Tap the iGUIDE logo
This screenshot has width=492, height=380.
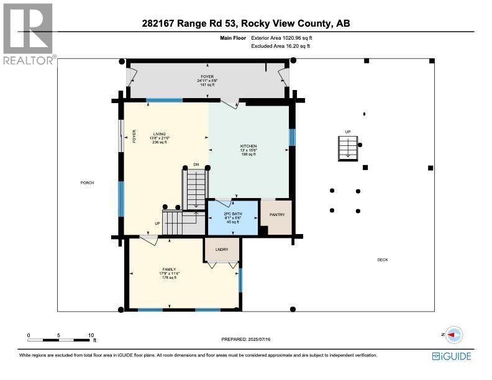[x=451, y=356]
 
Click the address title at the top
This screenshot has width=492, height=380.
[x=246, y=24]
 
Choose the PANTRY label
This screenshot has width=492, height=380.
[x=276, y=215]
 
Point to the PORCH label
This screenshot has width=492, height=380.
[x=87, y=183]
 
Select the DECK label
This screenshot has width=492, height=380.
[x=382, y=260]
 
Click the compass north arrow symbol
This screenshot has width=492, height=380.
[x=453, y=334]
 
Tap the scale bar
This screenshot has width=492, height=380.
[x=61, y=340]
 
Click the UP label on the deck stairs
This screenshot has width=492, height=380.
[x=348, y=132]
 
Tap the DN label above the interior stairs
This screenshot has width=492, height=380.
[x=196, y=165]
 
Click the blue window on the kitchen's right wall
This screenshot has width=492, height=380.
[x=291, y=137]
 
